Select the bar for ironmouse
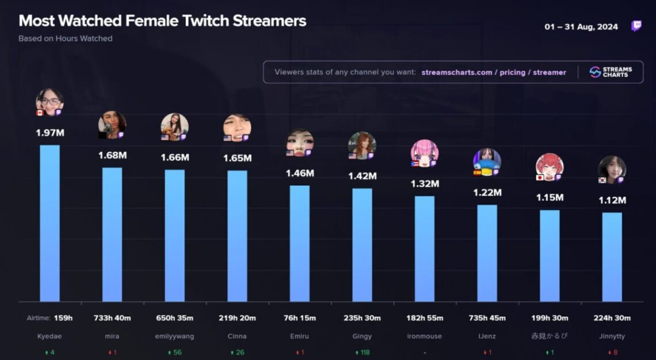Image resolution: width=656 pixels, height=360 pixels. [x=425, y=248]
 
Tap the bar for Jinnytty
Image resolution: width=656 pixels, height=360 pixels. [x=612, y=257]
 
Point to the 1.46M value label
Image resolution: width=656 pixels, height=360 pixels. [x=300, y=173]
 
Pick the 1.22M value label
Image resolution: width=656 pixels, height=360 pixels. [x=487, y=193]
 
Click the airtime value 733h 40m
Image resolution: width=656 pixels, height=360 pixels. [x=112, y=318]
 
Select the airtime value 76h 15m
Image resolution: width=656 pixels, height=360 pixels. [x=300, y=318]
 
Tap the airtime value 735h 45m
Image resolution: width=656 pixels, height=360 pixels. [x=487, y=318]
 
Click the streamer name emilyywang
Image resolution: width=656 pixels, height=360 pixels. [x=174, y=336]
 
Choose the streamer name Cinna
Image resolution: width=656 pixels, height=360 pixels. [x=237, y=336]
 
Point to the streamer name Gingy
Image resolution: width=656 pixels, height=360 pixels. [x=362, y=336]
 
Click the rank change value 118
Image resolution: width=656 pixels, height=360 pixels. [x=364, y=352]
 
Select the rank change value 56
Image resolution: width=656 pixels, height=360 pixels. [x=177, y=352]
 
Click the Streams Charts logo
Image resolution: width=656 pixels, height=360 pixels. [x=611, y=72]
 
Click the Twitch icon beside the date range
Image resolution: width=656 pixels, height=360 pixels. [x=636, y=26]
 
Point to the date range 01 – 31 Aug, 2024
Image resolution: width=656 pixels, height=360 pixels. [x=581, y=27]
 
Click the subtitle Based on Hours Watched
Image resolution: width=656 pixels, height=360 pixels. [x=65, y=39]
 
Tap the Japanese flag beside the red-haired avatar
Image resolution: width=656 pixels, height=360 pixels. [x=539, y=178]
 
